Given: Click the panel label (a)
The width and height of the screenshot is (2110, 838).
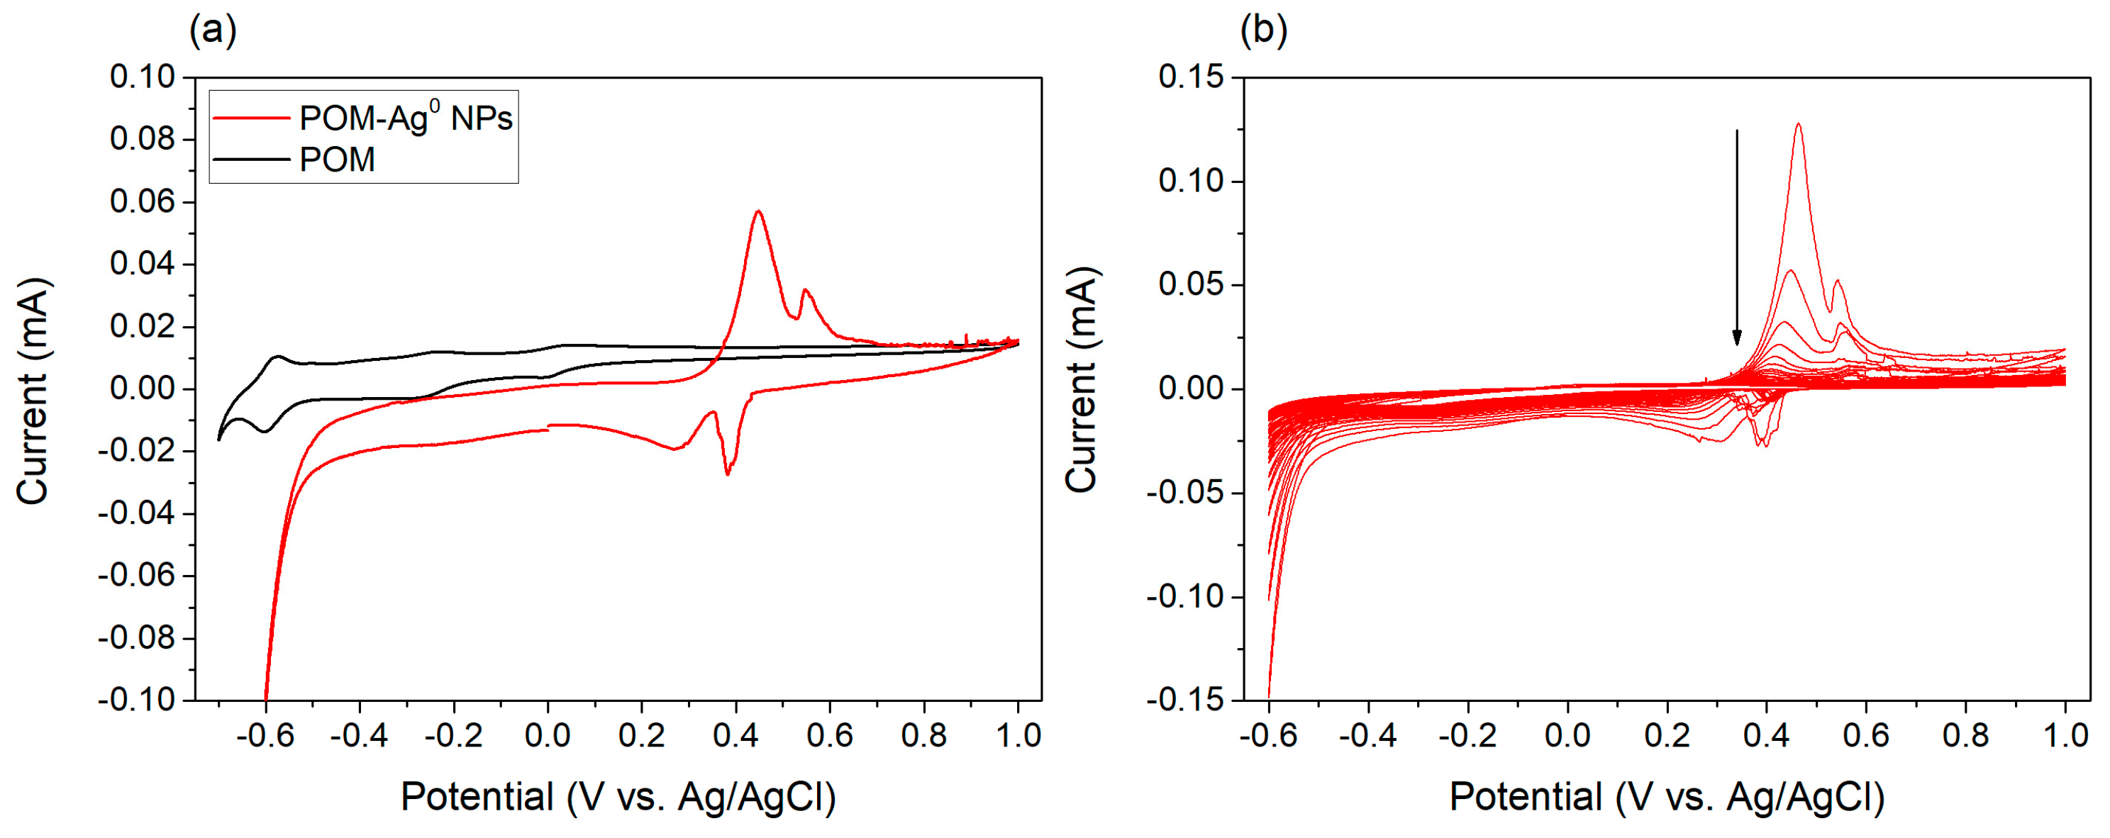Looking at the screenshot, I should [x=213, y=31].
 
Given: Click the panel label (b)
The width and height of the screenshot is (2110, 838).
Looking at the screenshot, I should [x=1263, y=31].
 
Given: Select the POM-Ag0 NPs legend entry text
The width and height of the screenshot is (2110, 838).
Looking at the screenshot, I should [x=406, y=119].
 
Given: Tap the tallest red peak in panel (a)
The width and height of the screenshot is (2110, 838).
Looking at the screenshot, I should [x=758, y=211].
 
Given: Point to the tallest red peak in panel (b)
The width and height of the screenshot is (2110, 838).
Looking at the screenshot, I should [x=1799, y=125].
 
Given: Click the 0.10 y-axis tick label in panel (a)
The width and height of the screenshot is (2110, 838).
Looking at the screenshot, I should [x=143, y=77].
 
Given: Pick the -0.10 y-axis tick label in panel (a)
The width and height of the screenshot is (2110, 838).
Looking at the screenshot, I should [x=137, y=700].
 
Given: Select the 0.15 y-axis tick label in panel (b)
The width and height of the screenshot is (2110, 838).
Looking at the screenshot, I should [x=1191, y=77].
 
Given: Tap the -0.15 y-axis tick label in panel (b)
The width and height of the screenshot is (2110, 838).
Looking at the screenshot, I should [x=1185, y=700].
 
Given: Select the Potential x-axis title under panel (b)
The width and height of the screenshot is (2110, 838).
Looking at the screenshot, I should [x=1667, y=796].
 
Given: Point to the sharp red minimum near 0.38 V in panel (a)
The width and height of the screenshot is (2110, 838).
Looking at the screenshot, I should [x=728, y=474].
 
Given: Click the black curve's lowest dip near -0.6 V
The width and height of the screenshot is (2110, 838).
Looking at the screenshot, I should [x=265, y=432].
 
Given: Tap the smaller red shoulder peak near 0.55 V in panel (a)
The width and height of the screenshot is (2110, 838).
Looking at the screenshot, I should [x=806, y=290].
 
